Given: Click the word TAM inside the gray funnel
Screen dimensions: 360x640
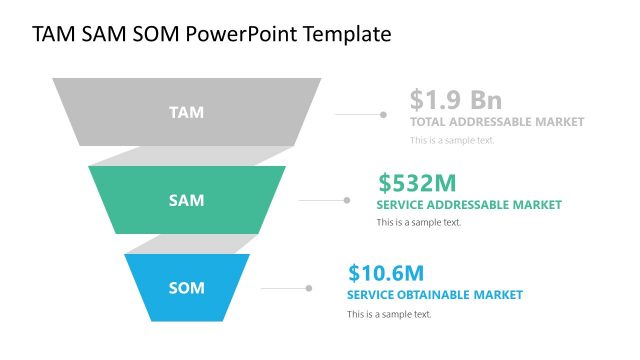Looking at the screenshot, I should [x=186, y=112].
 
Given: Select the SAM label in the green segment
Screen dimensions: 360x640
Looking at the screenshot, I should [x=186, y=200].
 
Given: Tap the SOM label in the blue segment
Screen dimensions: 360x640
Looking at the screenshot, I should [x=186, y=288].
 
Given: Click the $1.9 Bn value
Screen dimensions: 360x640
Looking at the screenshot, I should [x=455, y=100].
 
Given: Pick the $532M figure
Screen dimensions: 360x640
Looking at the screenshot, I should [x=417, y=183].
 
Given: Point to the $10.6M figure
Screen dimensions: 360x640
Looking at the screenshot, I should [x=386, y=272].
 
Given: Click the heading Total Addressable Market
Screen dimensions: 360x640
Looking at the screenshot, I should [x=496, y=122].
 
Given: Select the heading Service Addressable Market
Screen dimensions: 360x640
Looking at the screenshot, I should [x=469, y=205].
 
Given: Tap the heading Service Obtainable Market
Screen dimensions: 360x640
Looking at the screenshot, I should [x=434, y=295].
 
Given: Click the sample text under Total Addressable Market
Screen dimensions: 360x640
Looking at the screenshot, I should [x=452, y=140].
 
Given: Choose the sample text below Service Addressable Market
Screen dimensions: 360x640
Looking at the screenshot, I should [x=418, y=223].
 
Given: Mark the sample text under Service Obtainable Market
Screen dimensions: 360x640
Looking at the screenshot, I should [x=389, y=314].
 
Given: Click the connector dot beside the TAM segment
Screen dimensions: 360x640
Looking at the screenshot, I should [x=383, y=114].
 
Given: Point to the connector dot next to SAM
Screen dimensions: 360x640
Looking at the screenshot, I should [x=347, y=200].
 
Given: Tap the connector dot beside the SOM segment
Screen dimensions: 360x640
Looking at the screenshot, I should [x=309, y=288].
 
